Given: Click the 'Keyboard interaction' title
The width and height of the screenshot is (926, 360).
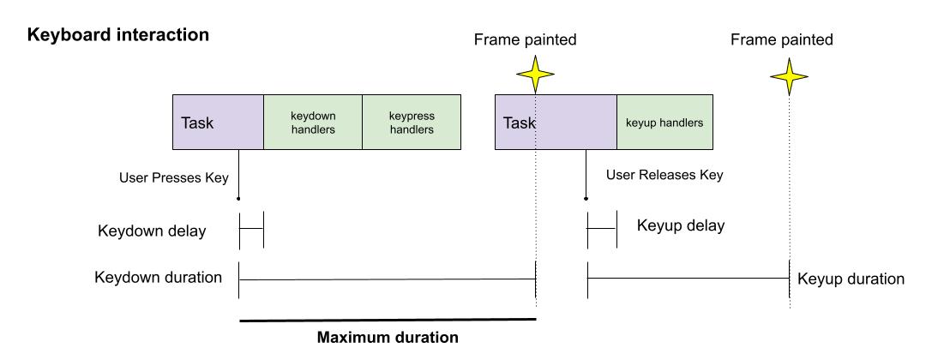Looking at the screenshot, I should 118,36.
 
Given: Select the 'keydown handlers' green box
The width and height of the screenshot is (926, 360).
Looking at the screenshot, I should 313,123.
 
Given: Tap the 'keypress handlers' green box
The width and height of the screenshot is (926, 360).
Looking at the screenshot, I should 411,123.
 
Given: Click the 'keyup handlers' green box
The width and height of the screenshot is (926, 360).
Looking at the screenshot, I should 664,123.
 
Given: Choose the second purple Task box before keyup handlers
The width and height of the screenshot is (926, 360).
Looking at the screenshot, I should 556,123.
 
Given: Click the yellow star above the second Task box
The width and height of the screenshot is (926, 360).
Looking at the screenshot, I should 536,76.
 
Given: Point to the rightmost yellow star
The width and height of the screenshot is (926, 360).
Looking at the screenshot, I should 789,76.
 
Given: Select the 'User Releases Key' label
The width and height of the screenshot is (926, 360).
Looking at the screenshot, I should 664,175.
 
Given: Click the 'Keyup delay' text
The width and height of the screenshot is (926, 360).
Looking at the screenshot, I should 681,226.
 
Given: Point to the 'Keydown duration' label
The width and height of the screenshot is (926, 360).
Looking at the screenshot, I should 159,278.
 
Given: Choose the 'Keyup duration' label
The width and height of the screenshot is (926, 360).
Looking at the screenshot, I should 851,279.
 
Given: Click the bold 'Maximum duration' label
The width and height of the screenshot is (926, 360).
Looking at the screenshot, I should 388,337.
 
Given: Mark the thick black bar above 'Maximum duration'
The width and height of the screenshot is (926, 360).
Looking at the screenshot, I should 388,320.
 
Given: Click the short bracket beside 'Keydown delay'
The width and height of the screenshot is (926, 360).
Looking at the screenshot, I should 250,229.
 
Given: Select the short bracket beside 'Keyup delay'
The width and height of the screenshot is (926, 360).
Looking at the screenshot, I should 601,229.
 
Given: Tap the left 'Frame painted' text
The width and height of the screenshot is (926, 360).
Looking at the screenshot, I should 525,39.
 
